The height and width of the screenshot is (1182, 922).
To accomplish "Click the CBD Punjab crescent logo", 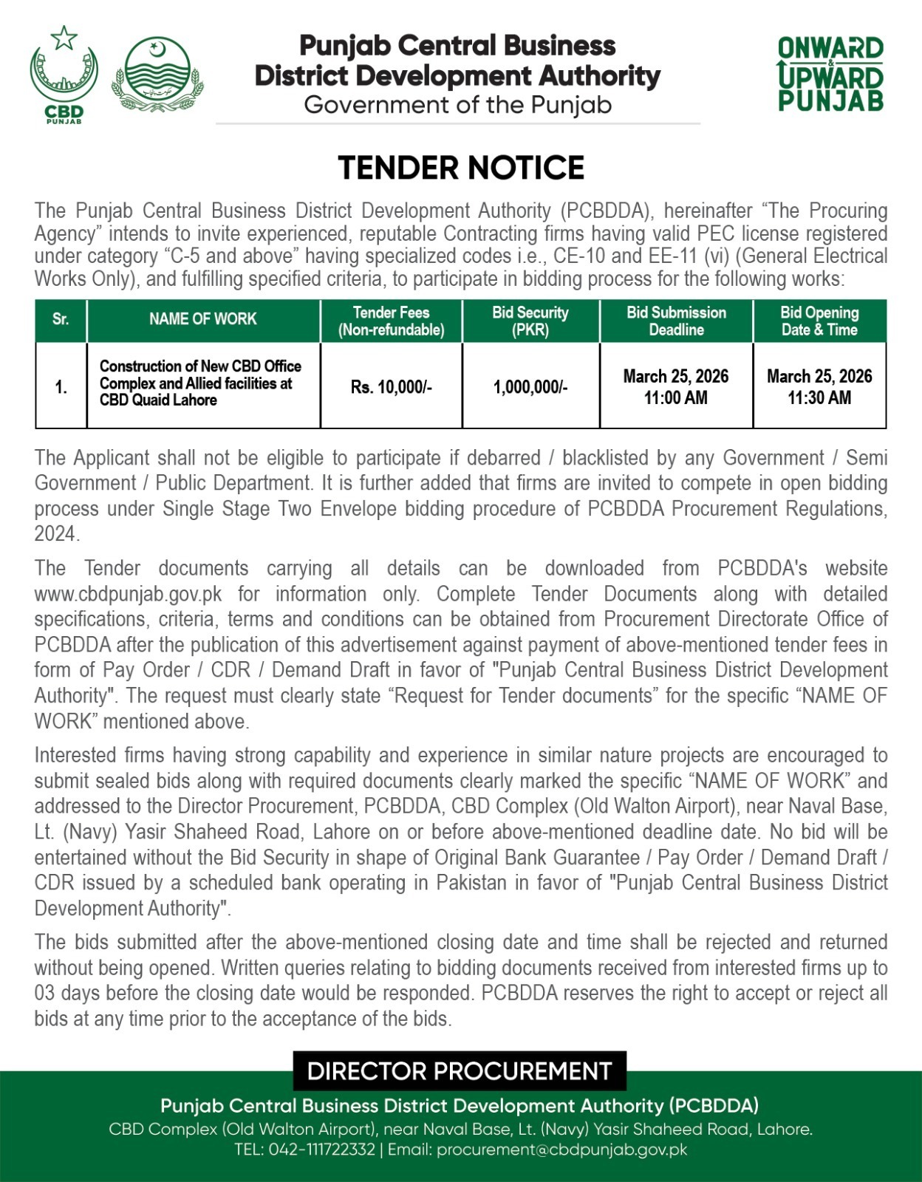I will [x=64, y=74].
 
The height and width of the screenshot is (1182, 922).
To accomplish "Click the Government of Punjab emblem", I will [x=157, y=75].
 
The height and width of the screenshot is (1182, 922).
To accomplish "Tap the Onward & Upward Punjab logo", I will [x=830, y=74].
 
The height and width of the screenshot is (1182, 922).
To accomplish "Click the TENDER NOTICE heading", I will [x=461, y=168].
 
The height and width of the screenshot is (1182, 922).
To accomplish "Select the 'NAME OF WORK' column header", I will [x=203, y=319].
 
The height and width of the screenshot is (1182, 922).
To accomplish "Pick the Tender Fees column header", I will [x=392, y=321].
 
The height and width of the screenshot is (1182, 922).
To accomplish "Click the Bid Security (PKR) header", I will [x=530, y=321].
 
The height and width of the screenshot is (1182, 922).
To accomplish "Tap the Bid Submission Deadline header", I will [x=676, y=321].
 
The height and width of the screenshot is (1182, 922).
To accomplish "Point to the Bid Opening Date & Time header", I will [x=819, y=321].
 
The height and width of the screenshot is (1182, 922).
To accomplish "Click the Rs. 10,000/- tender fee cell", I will [x=392, y=387].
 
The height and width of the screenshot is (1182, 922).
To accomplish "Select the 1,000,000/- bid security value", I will [x=530, y=387].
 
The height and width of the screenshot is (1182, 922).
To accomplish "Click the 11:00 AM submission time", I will [x=676, y=398].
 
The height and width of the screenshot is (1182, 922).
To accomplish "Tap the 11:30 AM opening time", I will [x=819, y=398].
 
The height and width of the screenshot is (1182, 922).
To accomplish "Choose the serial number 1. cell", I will [x=61, y=387].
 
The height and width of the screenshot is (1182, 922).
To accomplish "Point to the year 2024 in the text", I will [x=55, y=534].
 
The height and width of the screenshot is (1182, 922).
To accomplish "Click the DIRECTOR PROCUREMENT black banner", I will [x=460, y=1071].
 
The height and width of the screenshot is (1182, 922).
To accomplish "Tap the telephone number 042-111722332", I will [x=321, y=1149].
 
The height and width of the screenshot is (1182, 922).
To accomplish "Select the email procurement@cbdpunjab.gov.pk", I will [x=561, y=1149].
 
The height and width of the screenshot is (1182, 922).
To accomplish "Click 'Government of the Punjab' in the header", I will [x=458, y=105].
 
